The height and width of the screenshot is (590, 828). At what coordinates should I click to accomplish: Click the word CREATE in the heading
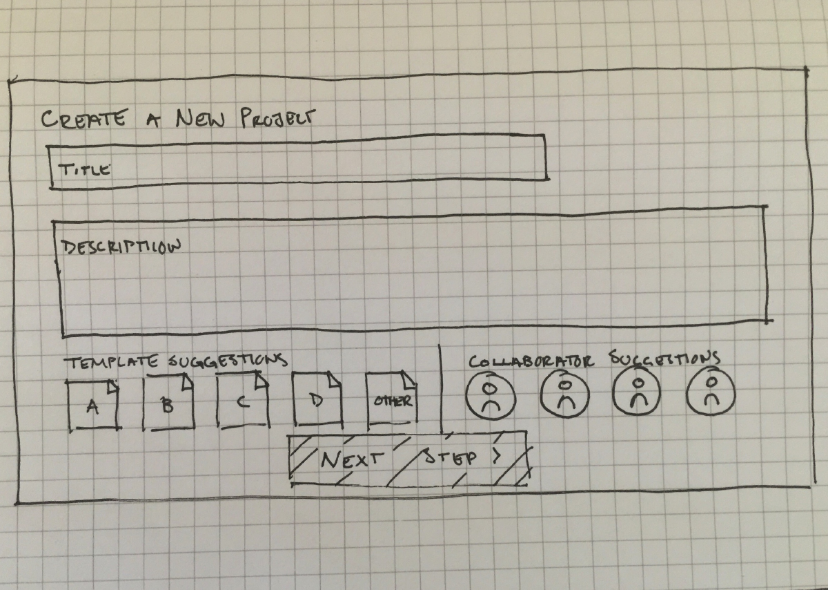(83, 120)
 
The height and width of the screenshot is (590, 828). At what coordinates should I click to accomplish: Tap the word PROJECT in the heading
(278, 118)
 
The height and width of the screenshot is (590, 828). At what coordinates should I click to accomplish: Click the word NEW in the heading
(200, 118)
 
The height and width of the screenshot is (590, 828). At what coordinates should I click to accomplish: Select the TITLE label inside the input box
(84, 169)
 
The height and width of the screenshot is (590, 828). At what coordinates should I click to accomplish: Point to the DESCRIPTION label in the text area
(121, 247)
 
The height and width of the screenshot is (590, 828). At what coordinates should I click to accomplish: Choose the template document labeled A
(93, 406)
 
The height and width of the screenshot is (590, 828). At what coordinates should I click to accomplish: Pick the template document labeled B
(168, 402)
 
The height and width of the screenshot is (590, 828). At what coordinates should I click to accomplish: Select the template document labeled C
(243, 401)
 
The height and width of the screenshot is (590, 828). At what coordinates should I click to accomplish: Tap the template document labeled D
(317, 400)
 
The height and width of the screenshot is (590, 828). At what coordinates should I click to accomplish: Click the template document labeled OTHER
(392, 401)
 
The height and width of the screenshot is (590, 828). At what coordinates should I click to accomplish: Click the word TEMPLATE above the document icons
(112, 362)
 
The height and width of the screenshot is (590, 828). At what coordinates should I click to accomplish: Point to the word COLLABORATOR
(531, 361)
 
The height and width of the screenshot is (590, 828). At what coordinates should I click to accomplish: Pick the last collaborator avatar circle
(711, 392)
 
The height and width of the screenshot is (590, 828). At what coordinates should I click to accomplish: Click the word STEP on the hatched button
(450, 457)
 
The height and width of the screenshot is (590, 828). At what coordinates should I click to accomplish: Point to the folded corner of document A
(112, 386)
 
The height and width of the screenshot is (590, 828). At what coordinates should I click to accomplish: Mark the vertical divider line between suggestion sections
(440, 389)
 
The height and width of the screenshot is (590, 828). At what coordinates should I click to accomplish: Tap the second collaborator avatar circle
(565, 394)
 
